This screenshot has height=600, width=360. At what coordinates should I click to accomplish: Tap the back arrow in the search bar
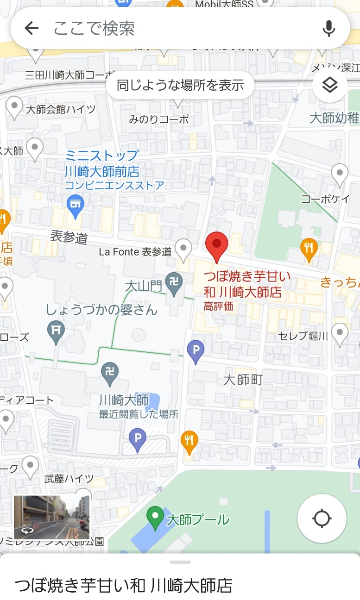tap(32, 28)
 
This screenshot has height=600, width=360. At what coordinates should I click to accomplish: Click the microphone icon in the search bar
tap(328, 28)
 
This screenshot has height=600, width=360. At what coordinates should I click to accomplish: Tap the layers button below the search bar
tap(329, 85)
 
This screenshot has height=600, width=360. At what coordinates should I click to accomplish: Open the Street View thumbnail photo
tap(51, 517)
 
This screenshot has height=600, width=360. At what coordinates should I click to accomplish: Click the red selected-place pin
tap(216, 245)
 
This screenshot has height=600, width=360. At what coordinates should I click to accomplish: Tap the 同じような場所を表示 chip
tap(180, 85)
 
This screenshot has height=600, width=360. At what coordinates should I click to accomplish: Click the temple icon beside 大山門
tap(174, 282)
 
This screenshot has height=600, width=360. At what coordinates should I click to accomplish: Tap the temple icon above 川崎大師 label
tap(110, 373)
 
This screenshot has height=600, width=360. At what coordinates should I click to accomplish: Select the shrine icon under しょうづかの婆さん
tap(56, 331)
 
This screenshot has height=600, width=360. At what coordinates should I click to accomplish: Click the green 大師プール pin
tap(155, 517)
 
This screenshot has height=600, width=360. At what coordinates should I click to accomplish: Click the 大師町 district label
tap(243, 380)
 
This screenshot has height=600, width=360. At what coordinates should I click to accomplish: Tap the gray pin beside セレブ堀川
tap(340, 333)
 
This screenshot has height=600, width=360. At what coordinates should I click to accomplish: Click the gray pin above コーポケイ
tap(340, 175)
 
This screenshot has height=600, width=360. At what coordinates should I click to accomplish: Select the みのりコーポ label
tap(159, 119)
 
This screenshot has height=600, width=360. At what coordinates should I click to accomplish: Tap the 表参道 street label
tap(69, 238)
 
